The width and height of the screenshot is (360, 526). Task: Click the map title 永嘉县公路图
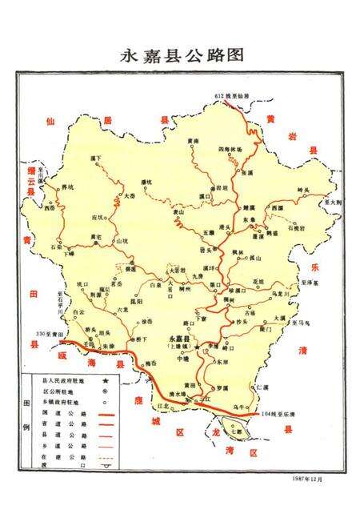pos(180,55)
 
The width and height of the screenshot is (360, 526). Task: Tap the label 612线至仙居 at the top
pos(230,95)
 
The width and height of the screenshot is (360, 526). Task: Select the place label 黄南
pos(193,142)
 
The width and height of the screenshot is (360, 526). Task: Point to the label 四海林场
pos(229,149)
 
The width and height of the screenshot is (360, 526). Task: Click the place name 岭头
pos(302,189)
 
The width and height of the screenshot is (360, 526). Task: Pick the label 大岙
pos(130,195)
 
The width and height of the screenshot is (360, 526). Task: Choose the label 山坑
pos(122,240)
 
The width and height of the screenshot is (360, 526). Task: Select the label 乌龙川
pos(277,295)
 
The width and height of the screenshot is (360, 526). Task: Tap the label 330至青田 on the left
pos(49,333)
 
